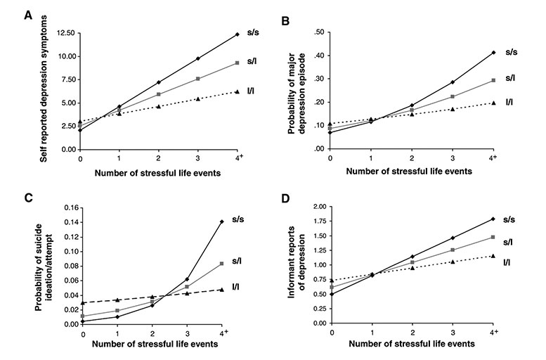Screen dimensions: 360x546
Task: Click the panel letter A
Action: point(30,13)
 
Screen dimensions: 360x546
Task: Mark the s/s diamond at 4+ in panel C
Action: point(223,221)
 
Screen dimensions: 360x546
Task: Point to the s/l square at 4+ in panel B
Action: point(494,80)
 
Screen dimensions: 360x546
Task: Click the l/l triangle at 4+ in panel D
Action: point(494,256)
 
